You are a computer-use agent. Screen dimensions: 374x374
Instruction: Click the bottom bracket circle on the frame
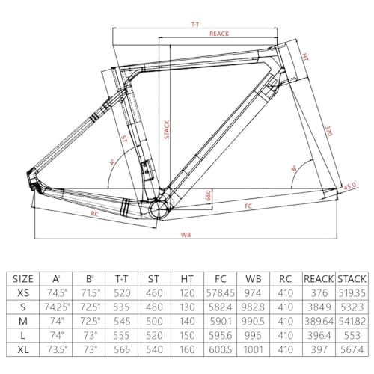[x=158, y=209]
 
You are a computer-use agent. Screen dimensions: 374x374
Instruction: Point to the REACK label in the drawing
[x=218, y=34]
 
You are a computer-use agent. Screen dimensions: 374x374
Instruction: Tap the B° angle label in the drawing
[x=295, y=168]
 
